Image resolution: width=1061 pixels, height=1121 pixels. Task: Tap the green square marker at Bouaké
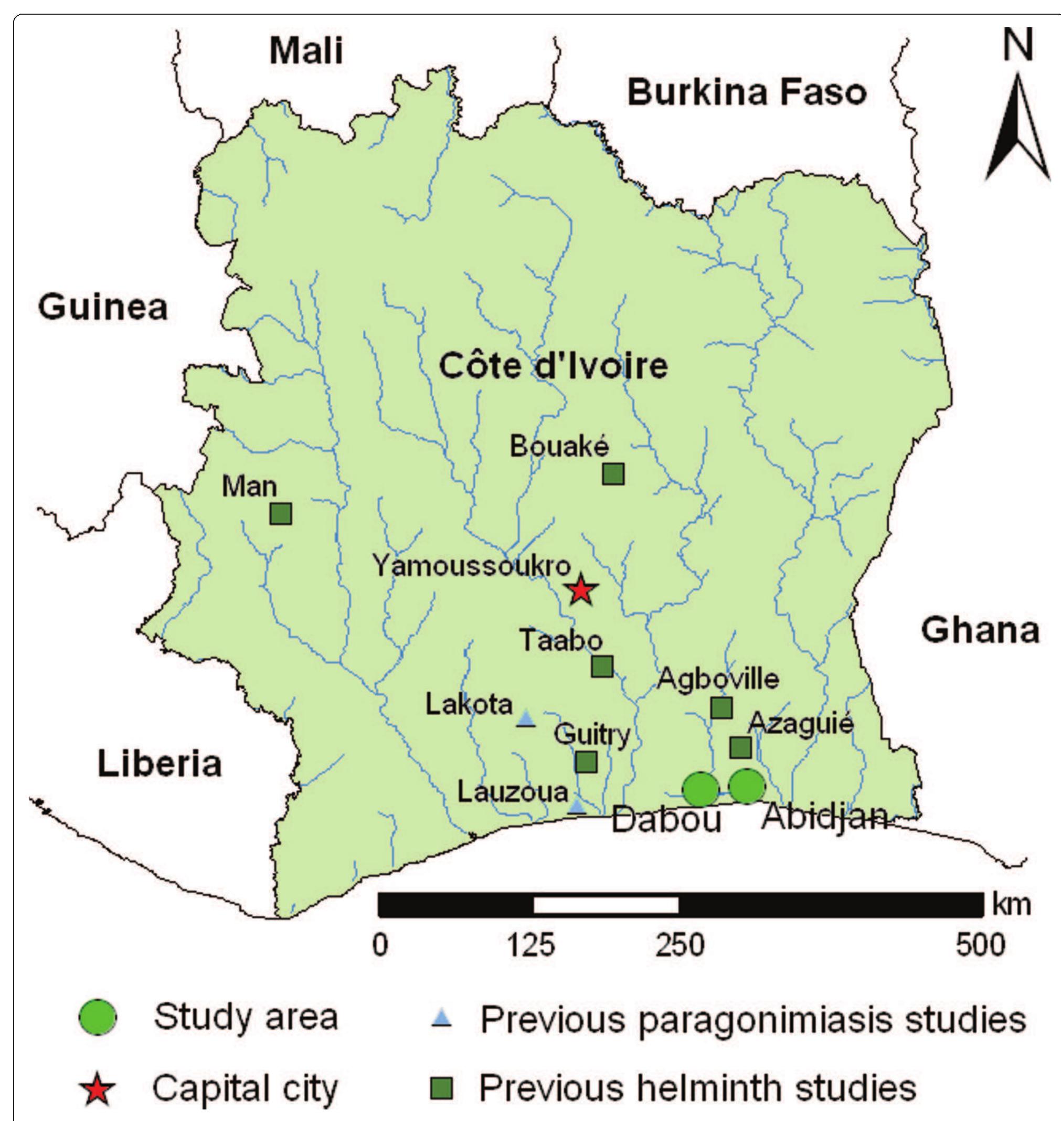click(x=613, y=474)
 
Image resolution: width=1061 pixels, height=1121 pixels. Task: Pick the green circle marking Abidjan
click(x=747, y=786)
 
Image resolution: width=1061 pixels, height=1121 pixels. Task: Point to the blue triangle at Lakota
click(x=526, y=719)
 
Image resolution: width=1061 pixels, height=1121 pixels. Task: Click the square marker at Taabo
click(x=602, y=667)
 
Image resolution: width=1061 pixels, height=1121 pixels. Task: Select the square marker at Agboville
click(x=721, y=707)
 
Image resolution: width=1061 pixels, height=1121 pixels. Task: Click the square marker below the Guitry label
click(x=586, y=762)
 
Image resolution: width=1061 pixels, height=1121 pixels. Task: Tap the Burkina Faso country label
click(x=747, y=92)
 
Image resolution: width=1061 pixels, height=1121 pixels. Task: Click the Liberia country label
click(x=160, y=764)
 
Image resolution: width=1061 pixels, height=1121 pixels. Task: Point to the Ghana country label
click(x=981, y=630)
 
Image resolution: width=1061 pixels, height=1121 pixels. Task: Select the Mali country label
click(x=306, y=51)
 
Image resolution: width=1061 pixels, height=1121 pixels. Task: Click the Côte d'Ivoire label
click(x=553, y=366)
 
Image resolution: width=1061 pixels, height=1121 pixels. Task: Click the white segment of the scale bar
click(x=606, y=905)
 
